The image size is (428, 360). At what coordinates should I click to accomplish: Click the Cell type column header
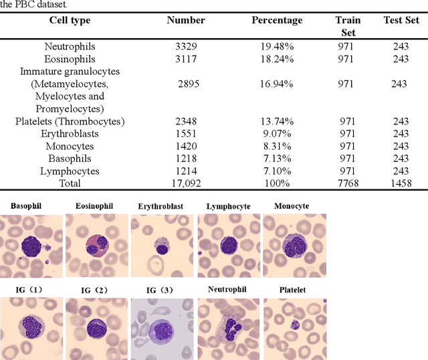coord(70,20)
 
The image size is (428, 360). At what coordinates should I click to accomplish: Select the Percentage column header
coord(277,20)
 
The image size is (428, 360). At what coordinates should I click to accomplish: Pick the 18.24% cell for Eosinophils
coord(277,59)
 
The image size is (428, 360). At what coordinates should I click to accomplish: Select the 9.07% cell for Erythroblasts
coord(277,133)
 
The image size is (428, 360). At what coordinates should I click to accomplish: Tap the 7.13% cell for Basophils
coord(277,158)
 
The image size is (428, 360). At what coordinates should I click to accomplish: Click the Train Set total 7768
coord(348,183)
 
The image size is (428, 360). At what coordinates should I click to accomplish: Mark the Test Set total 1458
coord(401,183)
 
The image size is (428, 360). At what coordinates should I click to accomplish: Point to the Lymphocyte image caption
coord(228,206)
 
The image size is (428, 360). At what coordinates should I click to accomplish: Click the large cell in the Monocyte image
coord(294,246)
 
